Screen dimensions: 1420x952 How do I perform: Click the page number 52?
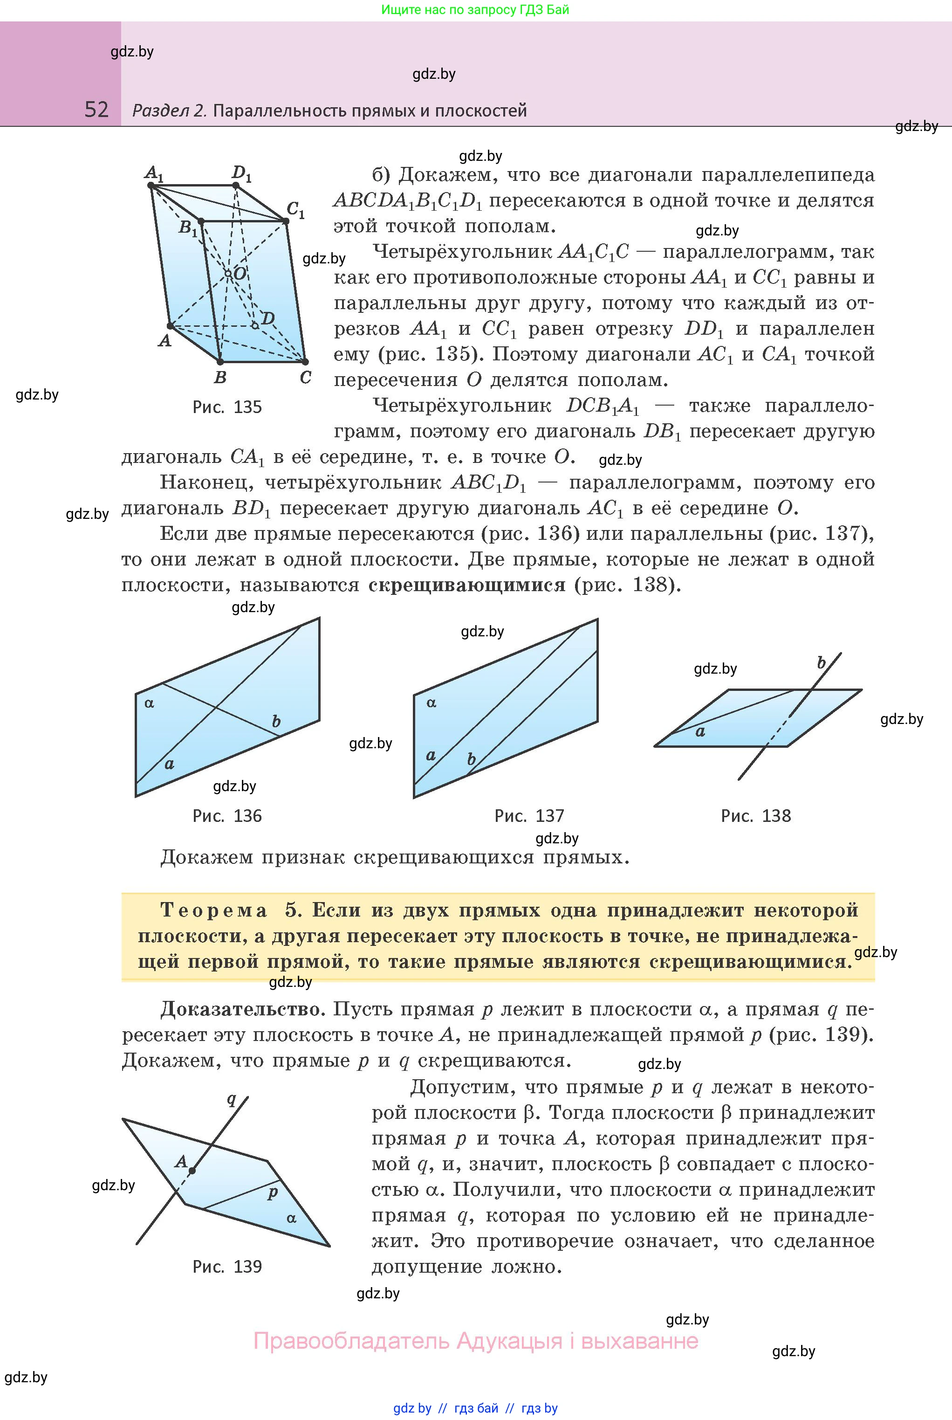(x=96, y=110)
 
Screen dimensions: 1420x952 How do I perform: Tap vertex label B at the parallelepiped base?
(x=220, y=377)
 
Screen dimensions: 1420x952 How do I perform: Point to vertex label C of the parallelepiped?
(x=305, y=377)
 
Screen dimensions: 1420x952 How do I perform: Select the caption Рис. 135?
(x=227, y=407)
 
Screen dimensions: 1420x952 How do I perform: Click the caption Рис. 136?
(x=227, y=816)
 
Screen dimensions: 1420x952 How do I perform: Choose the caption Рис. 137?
(x=529, y=816)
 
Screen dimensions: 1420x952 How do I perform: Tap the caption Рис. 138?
(x=756, y=816)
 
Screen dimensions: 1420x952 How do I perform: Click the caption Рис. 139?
(x=227, y=1266)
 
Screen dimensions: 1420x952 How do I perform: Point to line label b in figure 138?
(x=822, y=662)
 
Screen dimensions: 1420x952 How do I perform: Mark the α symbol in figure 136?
(x=150, y=703)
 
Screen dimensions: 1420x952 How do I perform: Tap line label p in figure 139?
(x=273, y=1192)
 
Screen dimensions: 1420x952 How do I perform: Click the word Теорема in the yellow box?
(x=214, y=910)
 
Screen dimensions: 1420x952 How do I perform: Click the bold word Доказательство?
(x=240, y=1009)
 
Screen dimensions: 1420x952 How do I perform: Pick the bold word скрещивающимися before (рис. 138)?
(x=467, y=585)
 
